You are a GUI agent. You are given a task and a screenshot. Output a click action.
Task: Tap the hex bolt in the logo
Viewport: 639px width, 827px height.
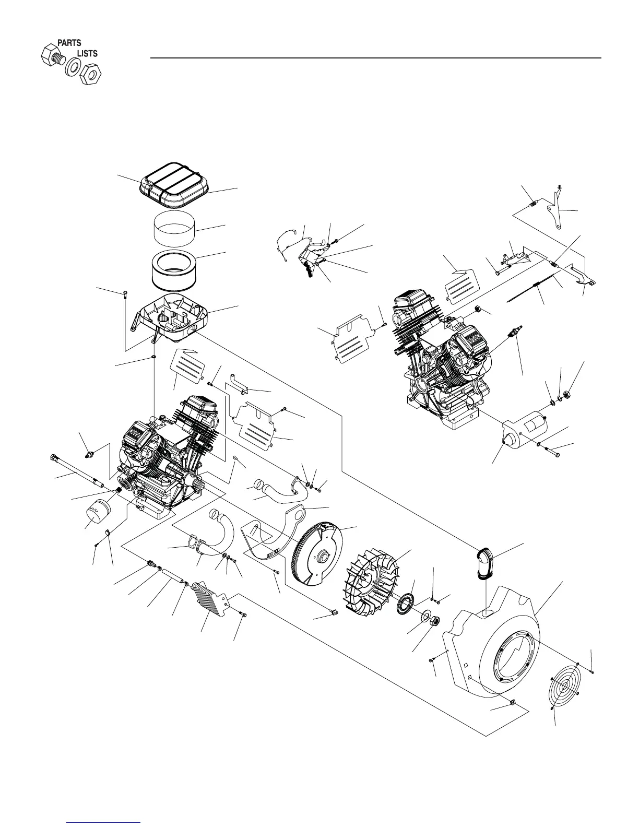point(51,55)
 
